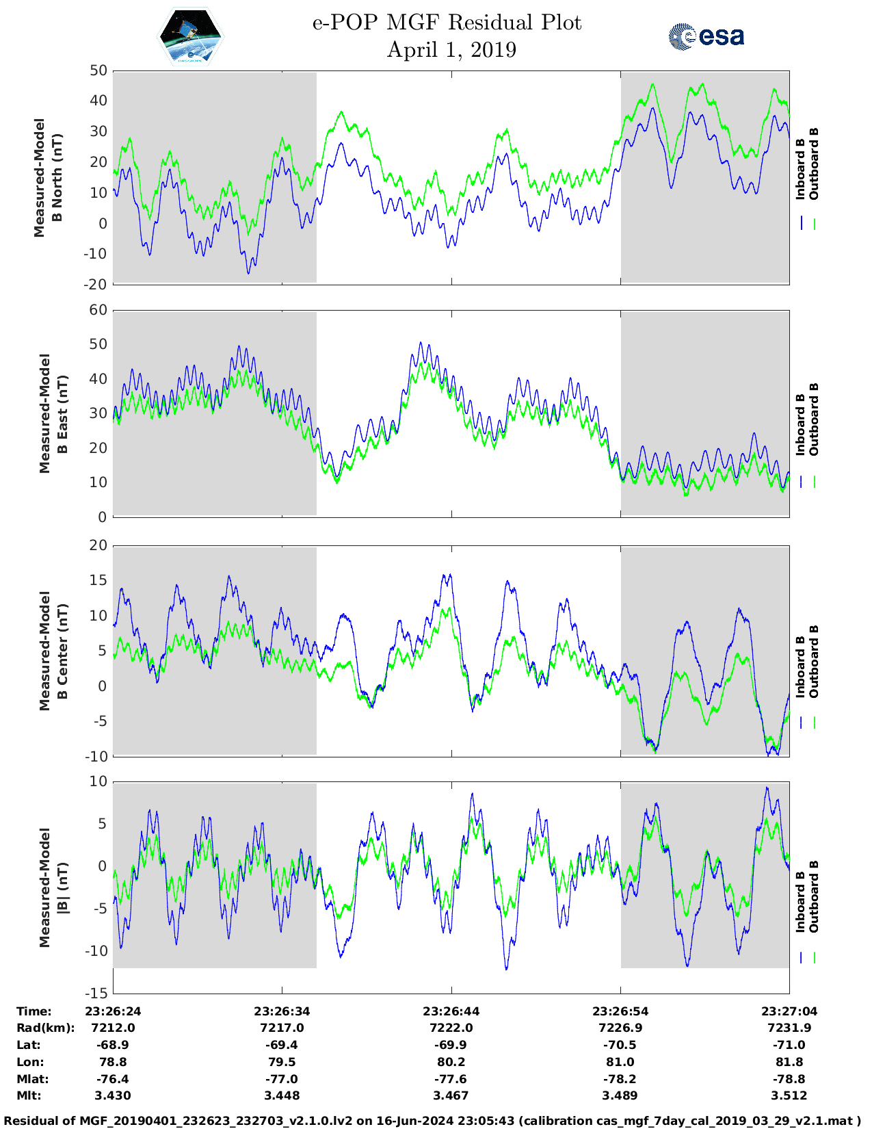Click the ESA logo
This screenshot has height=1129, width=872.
(x=706, y=36)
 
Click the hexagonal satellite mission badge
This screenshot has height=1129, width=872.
(x=191, y=37)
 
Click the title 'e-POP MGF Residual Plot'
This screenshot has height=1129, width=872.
(x=447, y=23)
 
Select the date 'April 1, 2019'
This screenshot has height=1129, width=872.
(x=451, y=50)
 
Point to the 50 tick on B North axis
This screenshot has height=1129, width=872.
(x=98, y=70)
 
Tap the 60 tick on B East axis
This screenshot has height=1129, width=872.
(x=98, y=310)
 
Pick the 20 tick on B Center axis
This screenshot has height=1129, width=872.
(x=98, y=545)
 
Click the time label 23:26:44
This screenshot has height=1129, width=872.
(x=451, y=1011)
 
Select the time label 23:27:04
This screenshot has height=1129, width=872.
(x=789, y=1011)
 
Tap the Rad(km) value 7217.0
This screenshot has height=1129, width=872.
(x=282, y=1028)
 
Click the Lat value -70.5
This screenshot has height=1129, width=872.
(x=620, y=1045)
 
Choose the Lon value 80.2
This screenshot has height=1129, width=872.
(x=451, y=1062)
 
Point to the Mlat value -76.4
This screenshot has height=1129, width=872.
(x=113, y=1079)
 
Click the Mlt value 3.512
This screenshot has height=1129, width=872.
(x=789, y=1095)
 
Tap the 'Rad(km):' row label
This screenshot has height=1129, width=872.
(x=45, y=1028)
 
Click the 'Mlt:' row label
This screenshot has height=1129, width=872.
(x=29, y=1095)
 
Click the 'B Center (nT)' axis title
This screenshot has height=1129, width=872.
(x=62, y=651)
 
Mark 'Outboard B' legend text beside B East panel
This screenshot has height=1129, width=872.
(x=814, y=419)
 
